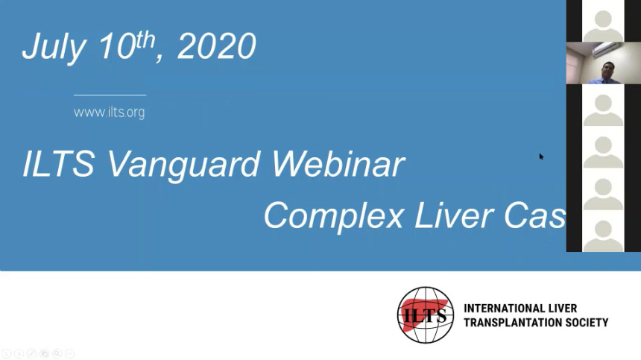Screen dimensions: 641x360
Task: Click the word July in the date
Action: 54,48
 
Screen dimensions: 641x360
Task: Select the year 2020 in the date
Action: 217,46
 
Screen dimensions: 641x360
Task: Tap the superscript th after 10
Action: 145,40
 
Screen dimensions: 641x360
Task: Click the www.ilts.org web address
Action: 109,113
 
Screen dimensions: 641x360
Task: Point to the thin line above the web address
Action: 110,95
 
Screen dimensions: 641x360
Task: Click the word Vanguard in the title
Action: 183,165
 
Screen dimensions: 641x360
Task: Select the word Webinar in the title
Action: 338,164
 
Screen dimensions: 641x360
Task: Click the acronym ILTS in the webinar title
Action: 59,163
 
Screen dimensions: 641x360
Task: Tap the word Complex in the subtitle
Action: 334,217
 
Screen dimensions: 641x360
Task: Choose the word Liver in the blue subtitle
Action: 454,215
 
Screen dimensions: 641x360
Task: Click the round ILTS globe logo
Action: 426,315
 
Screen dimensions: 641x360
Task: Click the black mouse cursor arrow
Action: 541,157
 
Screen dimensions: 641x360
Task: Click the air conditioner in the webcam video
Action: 605,50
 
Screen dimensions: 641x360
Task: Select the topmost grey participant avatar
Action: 603,26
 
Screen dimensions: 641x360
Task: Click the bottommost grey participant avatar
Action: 603,236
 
